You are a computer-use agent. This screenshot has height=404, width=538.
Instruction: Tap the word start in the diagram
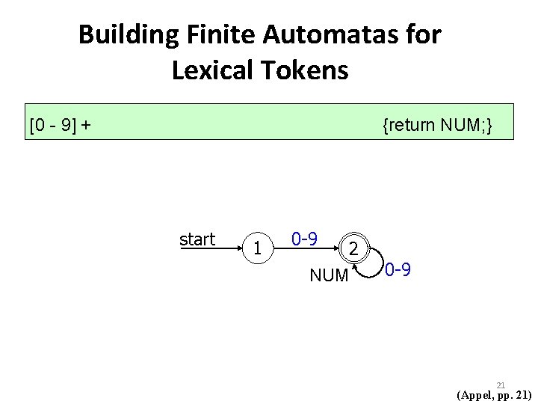(x=197, y=239)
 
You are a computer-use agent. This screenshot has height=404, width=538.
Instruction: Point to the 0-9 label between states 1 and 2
(x=305, y=239)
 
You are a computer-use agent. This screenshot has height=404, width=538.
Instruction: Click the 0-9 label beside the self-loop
(x=398, y=269)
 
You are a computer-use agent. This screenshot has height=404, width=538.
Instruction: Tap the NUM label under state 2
(x=329, y=276)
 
